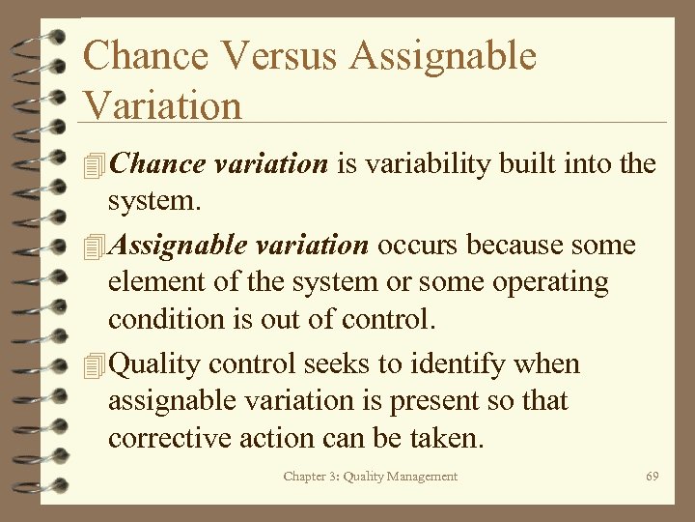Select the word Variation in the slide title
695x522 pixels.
162,104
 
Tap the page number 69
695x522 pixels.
653,477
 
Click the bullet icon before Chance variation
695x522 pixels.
94,165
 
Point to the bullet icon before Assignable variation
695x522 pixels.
94,246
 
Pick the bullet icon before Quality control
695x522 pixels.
94,365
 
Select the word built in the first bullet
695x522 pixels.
527,164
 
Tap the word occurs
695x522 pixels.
417,246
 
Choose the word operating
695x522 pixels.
549,283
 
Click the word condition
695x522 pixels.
163,320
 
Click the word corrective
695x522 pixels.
170,439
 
